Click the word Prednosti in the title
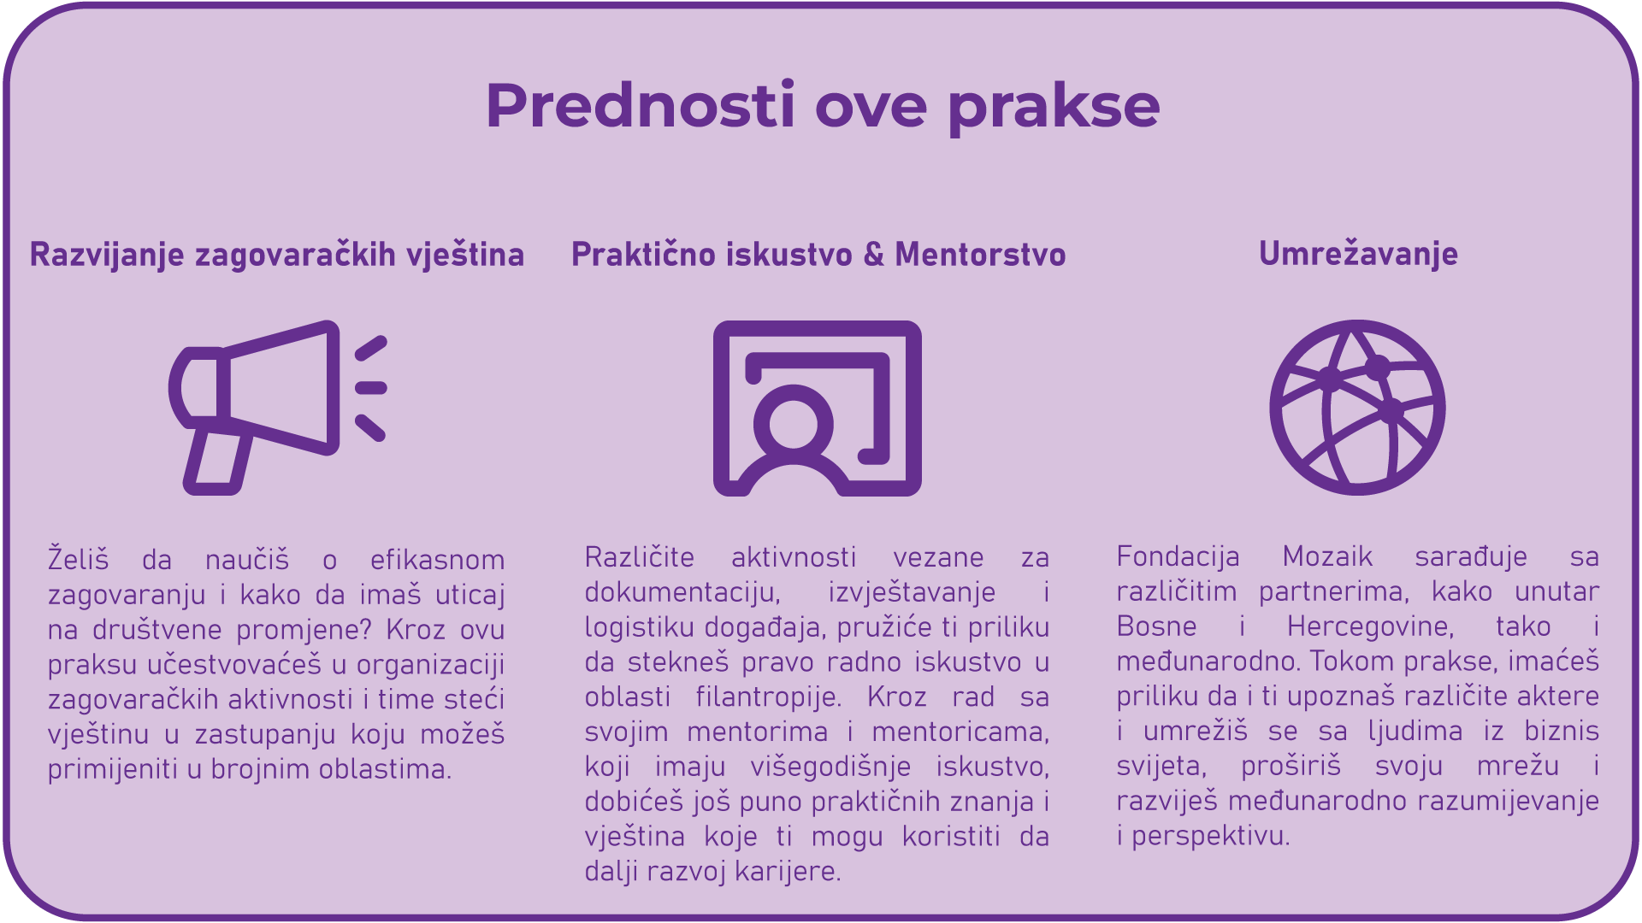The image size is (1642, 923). (641, 105)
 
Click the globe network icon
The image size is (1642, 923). (1357, 408)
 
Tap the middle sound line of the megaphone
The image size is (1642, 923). (371, 388)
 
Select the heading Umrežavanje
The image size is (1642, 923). (1358, 254)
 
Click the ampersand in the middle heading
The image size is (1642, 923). (873, 255)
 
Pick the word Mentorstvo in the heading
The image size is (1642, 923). (980, 255)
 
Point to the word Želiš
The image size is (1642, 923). (79, 560)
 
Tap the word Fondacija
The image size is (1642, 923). (1178, 557)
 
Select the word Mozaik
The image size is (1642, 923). (1327, 557)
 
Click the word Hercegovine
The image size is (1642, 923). (1370, 627)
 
